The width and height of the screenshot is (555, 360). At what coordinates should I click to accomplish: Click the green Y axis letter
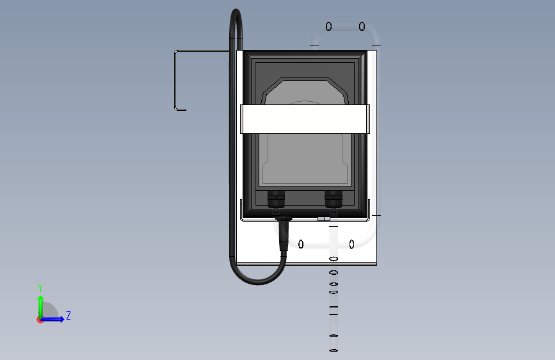tap(40, 288)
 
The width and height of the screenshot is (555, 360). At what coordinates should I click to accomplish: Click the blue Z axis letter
tap(68, 315)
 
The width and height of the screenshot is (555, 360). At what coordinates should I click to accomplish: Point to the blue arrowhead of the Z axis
tap(61, 319)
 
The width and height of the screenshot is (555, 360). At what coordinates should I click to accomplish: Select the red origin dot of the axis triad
tap(40, 320)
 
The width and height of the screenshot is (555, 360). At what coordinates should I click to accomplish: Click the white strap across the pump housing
tap(305, 119)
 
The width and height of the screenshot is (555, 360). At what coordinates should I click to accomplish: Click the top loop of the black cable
tap(236, 12)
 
